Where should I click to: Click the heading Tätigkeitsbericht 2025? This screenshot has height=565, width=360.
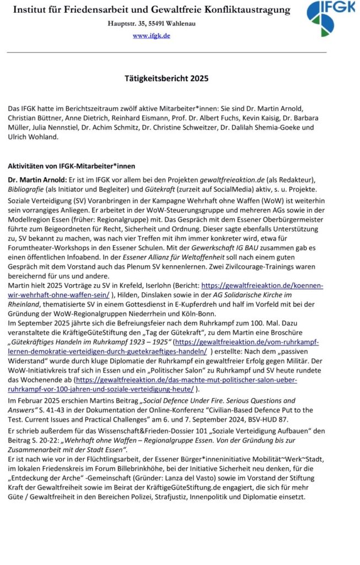click(166, 79)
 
